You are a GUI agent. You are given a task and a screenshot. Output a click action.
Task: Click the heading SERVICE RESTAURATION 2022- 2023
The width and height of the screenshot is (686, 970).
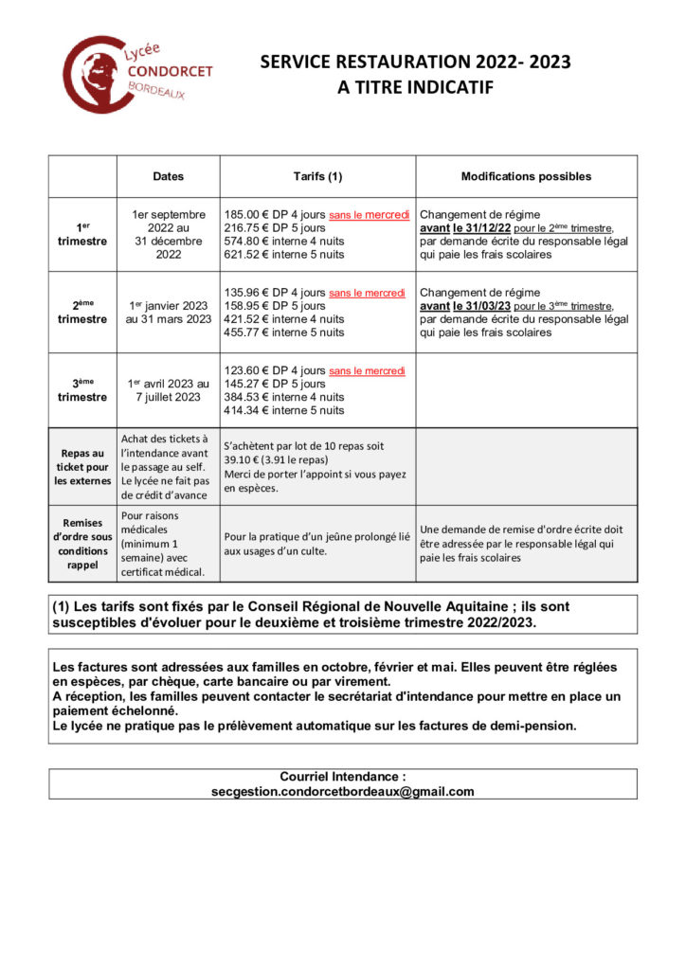pyautogui.click(x=415, y=63)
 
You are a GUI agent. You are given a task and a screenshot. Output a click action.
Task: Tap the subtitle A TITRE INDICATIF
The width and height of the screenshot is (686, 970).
pyautogui.click(x=415, y=88)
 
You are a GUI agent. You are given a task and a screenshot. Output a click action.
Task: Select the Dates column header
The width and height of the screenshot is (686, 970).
pyautogui.click(x=169, y=176)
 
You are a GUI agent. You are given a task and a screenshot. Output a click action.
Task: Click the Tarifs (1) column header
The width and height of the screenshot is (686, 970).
pyautogui.click(x=317, y=176)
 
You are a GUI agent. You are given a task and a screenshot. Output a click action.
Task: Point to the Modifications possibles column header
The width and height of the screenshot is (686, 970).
pyautogui.click(x=526, y=176)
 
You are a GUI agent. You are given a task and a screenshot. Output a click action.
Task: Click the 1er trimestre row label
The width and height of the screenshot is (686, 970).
pyautogui.click(x=82, y=235)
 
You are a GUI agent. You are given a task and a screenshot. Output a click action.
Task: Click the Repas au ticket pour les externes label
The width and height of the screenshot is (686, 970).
pyautogui.click(x=82, y=467)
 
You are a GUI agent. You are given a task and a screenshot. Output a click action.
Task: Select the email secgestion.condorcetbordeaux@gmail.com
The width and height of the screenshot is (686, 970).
pyautogui.click(x=342, y=792)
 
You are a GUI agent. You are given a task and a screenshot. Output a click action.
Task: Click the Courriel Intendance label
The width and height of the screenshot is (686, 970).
pyautogui.click(x=342, y=777)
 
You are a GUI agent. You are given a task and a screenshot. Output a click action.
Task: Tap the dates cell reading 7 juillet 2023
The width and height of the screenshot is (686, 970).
pyautogui.click(x=169, y=398)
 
